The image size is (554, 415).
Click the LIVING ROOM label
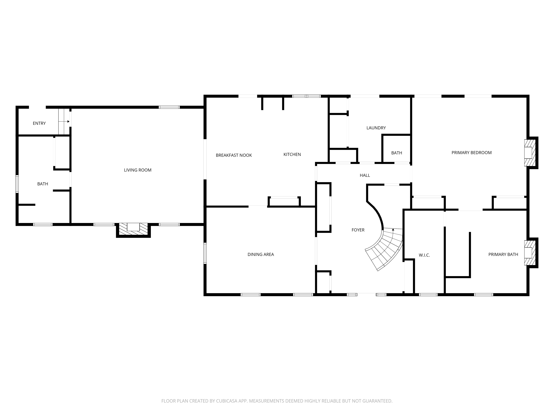138,170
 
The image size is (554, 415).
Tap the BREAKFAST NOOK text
234,155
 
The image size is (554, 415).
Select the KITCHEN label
292,155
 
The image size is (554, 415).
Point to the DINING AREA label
261,254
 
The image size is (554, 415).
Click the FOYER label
358,230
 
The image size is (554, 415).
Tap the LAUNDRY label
376,128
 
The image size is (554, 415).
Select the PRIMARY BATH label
503,254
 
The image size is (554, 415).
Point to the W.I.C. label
424,255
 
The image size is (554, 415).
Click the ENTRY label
39,123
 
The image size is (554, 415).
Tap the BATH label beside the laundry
397,153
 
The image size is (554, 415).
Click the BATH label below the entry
43,184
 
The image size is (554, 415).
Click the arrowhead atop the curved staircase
393,229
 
